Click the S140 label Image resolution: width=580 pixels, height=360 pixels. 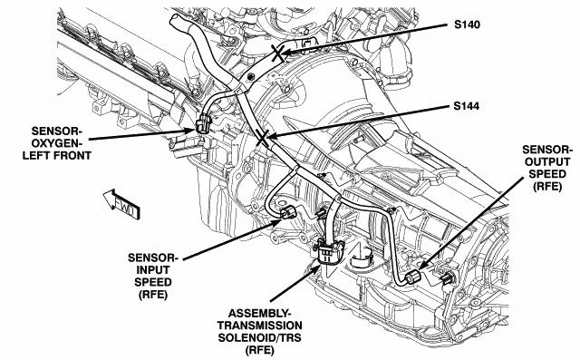(x=468, y=24)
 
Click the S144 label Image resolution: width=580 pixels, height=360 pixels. (x=467, y=106)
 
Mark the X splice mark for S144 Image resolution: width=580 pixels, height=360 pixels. (x=262, y=139)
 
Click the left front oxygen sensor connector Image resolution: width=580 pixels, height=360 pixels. (x=203, y=124)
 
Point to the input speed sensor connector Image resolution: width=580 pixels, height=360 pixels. (x=288, y=213)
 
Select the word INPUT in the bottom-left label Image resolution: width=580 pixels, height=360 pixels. (x=153, y=269)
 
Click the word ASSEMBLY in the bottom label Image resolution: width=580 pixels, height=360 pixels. (x=257, y=314)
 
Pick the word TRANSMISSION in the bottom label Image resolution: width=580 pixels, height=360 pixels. (x=260, y=326)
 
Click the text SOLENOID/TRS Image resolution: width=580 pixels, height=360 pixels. (x=260, y=338)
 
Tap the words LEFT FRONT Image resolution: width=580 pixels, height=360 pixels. (x=57, y=155)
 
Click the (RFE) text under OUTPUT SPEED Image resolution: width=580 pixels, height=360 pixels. (x=547, y=186)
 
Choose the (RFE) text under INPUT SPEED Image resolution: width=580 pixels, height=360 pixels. (x=153, y=295)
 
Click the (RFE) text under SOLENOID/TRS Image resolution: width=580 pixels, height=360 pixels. (x=260, y=350)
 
